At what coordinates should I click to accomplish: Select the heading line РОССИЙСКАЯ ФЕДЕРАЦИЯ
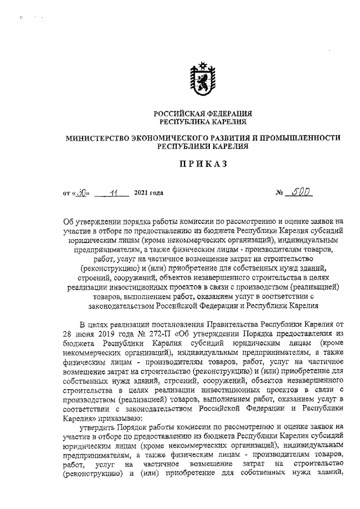point(202,114)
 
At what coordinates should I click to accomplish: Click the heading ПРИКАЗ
point(202,164)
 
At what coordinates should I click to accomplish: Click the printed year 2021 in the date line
point(141,194)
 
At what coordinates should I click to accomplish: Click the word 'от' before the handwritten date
point(67,194)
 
